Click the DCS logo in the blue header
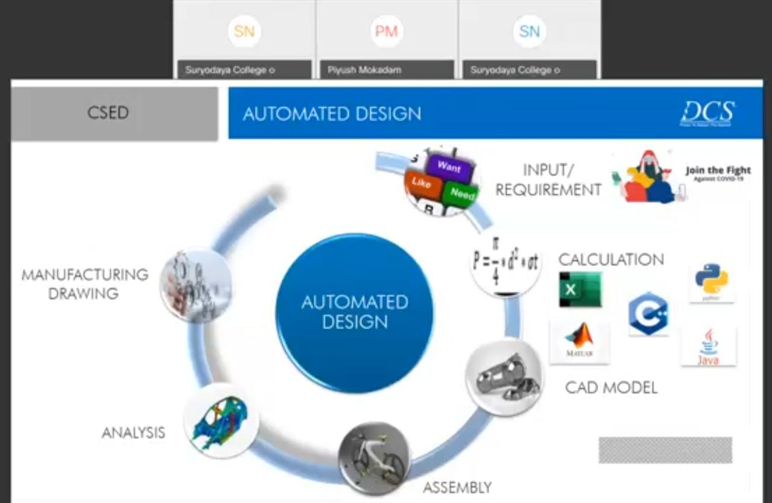707,113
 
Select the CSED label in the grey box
108,113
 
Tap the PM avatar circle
386,31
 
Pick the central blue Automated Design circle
355,312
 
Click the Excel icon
580,289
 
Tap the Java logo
708,347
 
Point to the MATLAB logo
579,341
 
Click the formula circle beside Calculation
505,264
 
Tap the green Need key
461,194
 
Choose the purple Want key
449,166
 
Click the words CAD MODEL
611,387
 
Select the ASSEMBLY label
457,487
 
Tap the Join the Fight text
718,171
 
